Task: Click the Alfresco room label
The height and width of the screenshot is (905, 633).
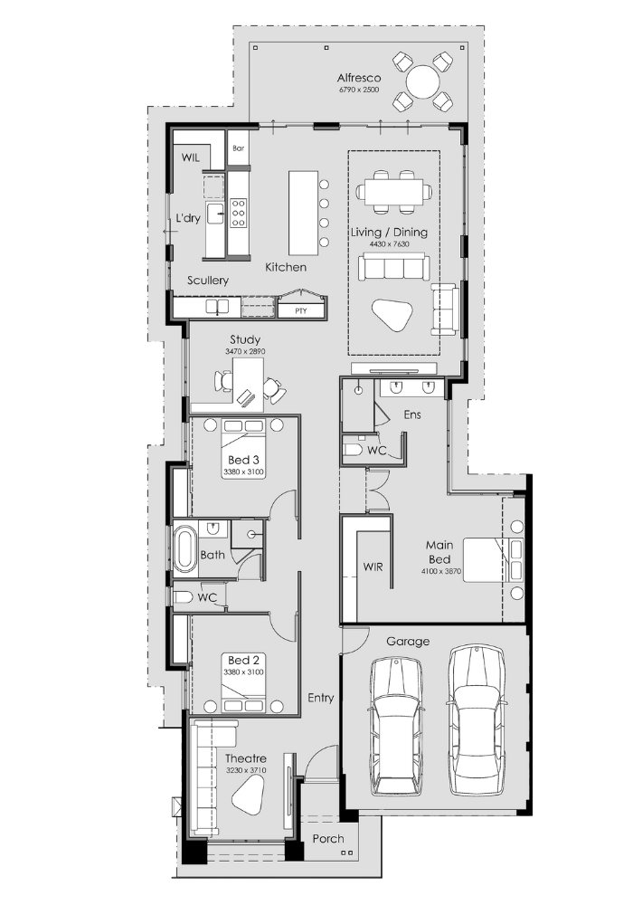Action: pos(359,77)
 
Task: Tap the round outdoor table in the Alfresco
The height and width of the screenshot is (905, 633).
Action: pos(423,82)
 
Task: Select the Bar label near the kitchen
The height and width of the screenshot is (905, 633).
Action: pos(239,148)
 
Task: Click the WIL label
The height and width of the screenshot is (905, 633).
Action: pos(191,157)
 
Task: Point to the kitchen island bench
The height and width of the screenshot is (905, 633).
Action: pos(303,213)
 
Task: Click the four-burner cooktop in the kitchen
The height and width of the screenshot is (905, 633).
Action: pos(238,212)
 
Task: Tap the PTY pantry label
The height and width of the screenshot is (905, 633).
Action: pos(301,311)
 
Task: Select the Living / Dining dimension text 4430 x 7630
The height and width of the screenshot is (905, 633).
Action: pos(389,244)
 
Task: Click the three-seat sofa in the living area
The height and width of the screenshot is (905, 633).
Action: pos(393,267)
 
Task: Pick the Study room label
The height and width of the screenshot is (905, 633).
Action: pos(245,339)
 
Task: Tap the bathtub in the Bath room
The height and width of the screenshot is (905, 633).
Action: pos(185,547)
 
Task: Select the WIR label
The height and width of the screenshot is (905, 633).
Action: pos(373,567)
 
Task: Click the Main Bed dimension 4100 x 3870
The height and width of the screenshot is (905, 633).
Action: pos(441,571)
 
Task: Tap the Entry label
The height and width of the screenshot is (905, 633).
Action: pos(320,698)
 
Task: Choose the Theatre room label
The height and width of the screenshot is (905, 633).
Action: pos(246,758)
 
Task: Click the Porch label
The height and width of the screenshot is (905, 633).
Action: pos(328,839)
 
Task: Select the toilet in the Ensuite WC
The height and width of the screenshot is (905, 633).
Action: pos(353,449)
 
